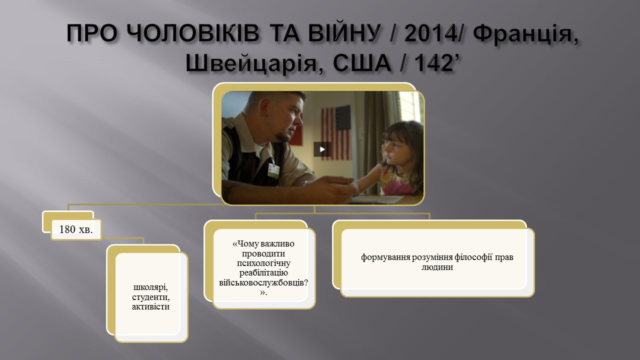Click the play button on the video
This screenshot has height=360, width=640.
point(322,149)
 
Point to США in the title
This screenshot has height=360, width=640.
point(361,62)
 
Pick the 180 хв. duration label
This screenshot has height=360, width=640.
point(75,229)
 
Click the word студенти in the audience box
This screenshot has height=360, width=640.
point(151,297)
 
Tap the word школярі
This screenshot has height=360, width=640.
point(150,287)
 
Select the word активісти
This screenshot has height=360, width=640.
point(151,306)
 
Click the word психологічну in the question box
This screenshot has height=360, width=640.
point(263,263)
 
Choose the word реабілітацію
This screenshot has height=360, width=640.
point(263,273)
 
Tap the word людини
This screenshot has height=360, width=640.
point(437,267)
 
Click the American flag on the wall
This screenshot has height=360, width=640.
point(336,133)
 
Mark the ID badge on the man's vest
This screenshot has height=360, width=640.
point(273,170)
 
